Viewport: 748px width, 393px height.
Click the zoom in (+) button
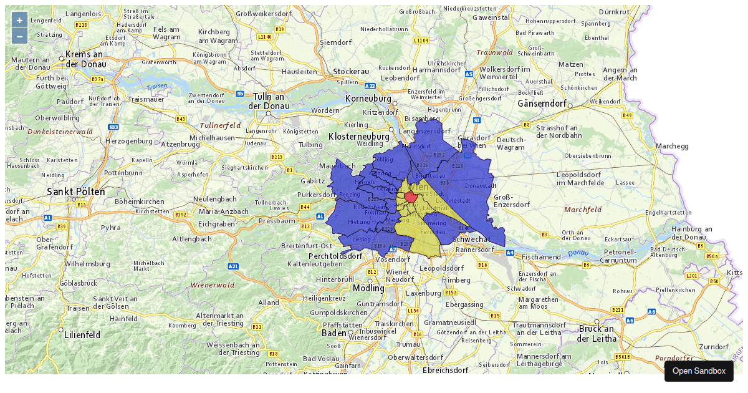click(x=19, y=20)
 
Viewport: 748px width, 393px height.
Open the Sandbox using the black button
click(x=699, y=371)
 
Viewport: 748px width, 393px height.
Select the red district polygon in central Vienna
click(x=411, y=196)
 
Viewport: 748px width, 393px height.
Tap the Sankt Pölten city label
click(x=76, y=192)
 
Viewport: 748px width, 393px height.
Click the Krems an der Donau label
click(x=84, y=59)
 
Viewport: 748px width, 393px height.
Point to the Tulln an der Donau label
click(x=269, y=101)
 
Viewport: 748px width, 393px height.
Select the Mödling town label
click(x=368, y=288)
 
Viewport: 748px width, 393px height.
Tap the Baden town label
click(x=333, y=332)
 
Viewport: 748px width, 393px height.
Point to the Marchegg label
click(x=672, y=146)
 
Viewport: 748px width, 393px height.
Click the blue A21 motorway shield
click(x=233, y=266)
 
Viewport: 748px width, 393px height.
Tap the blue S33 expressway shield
click(x=113, y=127)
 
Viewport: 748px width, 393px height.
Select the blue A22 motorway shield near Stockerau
click(x=370, y=86)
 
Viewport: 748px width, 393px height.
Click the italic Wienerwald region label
click(x=213, y=285)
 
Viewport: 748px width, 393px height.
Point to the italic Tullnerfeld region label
click(x=220, y=125)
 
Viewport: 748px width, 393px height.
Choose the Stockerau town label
click(x=351, y=72)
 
